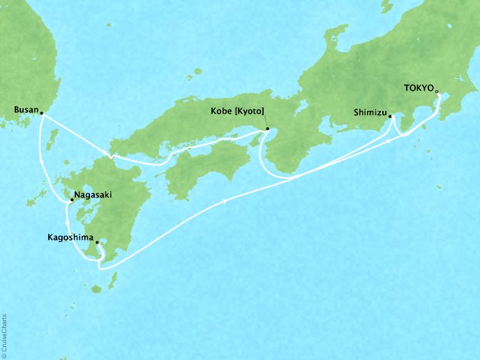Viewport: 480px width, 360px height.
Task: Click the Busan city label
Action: [25, 110]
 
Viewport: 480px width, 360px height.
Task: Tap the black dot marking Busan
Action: [41, 113]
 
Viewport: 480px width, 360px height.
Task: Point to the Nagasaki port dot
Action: [71, 201]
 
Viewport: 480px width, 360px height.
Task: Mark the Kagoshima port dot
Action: [97, 243]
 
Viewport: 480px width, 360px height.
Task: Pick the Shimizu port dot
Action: [390, 117]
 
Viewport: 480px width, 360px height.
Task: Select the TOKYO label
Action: [418, 89]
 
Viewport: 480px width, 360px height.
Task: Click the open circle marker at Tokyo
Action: [437, 91]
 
